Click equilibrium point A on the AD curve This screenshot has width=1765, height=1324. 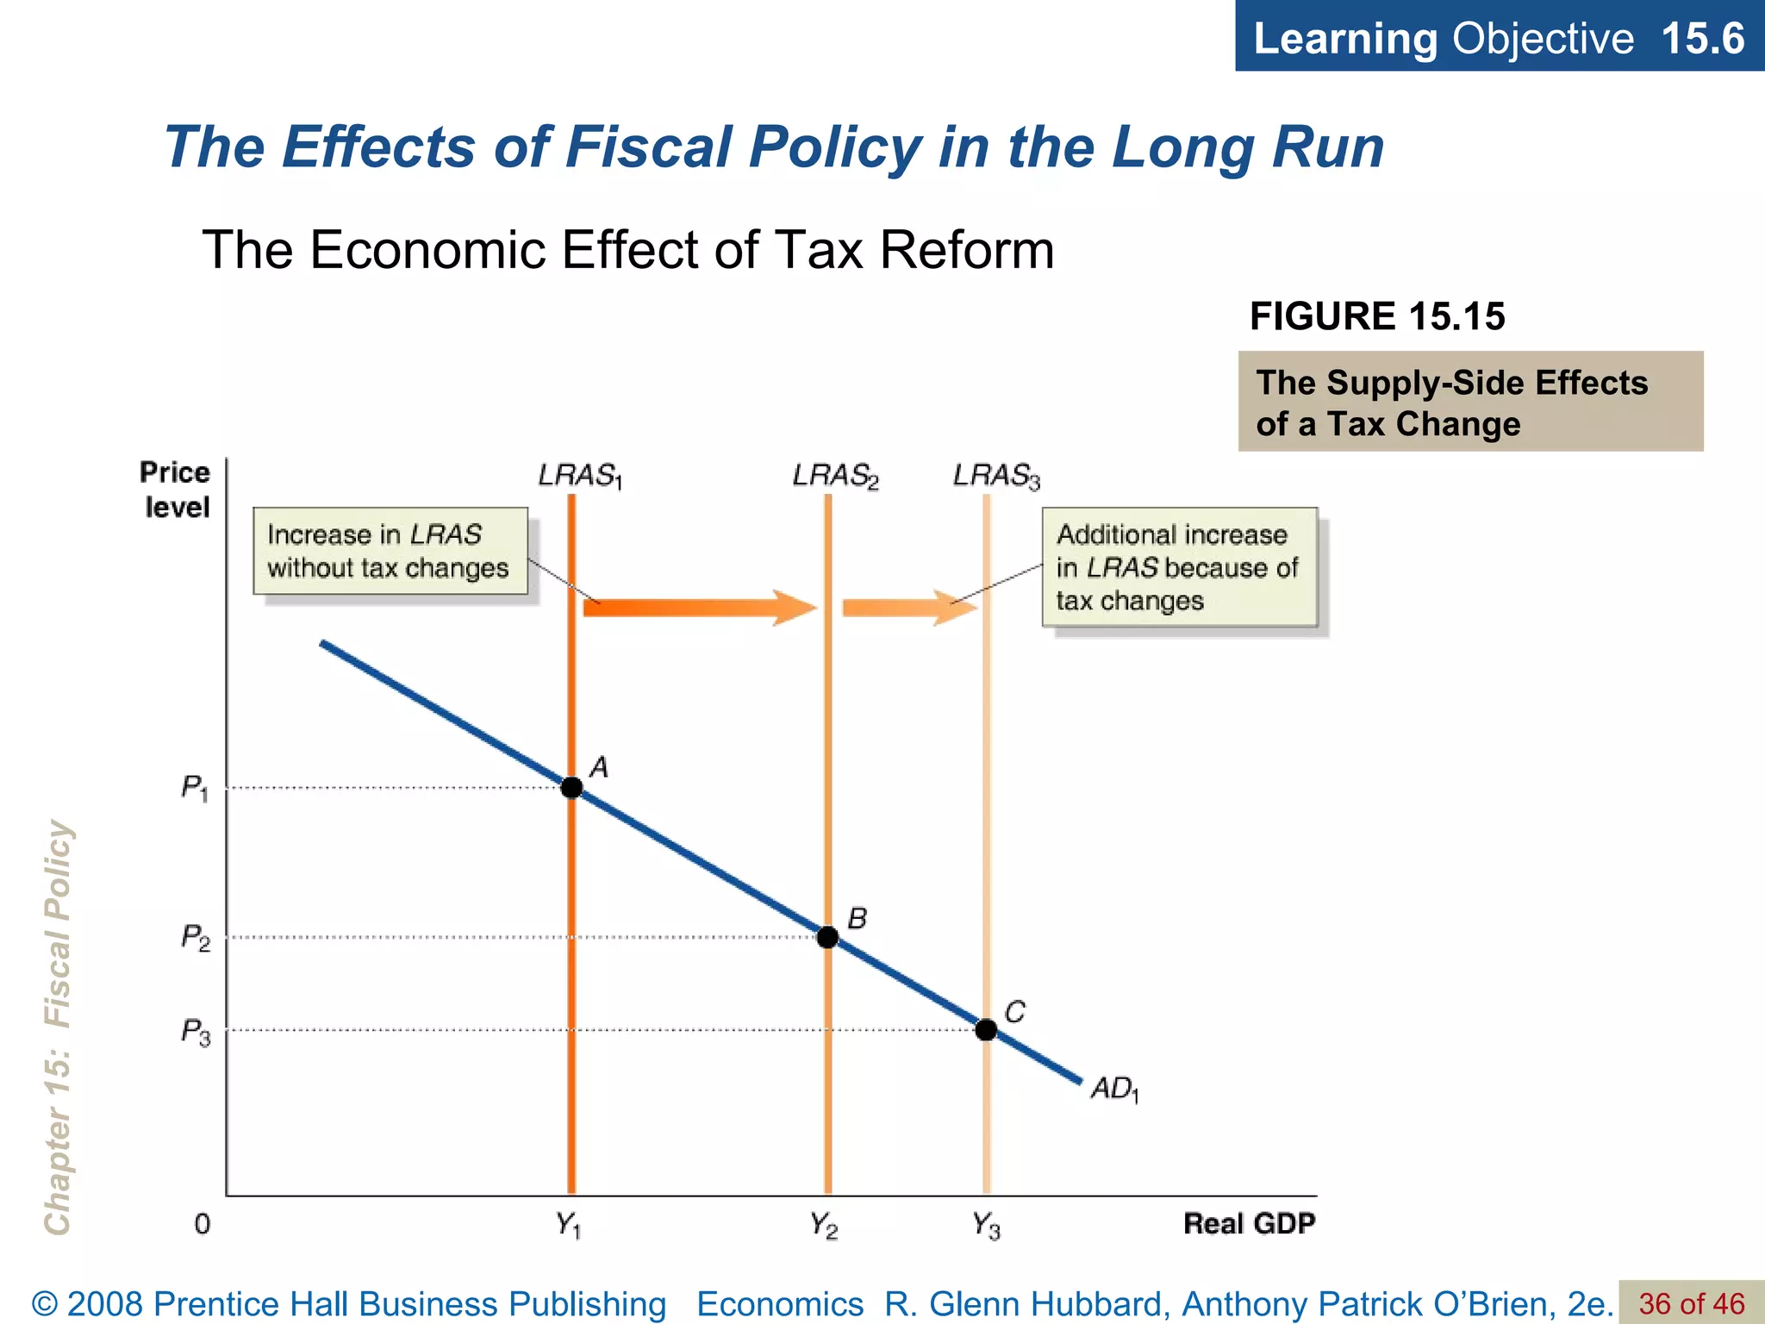pos(571,787)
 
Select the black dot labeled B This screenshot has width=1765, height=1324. pos(827,937)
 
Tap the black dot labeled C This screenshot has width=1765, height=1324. pos(986,1029)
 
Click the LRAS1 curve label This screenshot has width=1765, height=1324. pos(579,476)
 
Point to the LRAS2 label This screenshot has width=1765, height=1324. pos(835,476)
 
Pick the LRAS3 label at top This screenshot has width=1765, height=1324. pos(996,476)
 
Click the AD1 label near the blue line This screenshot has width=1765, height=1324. pos(1114,1090)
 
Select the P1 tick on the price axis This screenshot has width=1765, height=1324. pos(195,788)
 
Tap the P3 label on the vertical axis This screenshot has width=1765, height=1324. pos(196,1032)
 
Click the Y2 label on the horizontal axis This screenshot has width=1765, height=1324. pos(824,1225)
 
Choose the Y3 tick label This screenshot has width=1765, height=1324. pos(986,1225)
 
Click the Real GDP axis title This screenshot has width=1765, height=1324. pos(1249,1224)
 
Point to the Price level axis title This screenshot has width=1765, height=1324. pos(176,490)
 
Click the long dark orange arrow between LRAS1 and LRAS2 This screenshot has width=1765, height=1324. pos(698,608)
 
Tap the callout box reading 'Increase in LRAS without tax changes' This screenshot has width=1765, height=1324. pos(390,551)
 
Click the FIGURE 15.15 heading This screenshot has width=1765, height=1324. pos(1376,316)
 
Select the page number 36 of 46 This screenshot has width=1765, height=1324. pos(1691,1304)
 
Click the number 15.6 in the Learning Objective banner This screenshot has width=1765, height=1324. pos(1702,39)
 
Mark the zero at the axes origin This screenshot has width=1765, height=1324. pos(203,1224)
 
